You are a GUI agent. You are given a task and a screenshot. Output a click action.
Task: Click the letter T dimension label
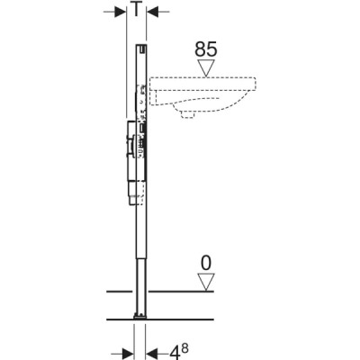[136, 9]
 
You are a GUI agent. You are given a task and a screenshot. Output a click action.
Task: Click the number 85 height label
[205, 49]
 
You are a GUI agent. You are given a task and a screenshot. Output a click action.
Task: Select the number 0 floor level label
[206, 263]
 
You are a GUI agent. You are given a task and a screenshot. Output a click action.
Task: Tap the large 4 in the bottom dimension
[175, 352]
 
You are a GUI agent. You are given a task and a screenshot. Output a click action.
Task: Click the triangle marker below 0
[206, 282]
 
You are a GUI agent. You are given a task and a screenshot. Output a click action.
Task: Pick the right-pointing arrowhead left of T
[121, 12]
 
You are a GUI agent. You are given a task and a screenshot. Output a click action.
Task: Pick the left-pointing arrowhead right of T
[152, 12]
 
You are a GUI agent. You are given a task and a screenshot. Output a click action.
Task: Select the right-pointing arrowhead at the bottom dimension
[128, 351]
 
